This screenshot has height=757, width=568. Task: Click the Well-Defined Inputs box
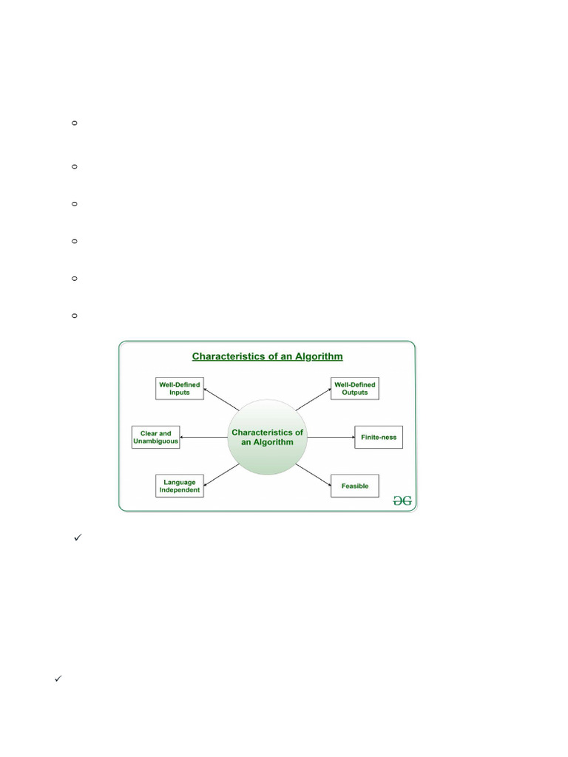click(x=179, y=388)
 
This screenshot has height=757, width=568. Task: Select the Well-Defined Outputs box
click(x=354, y=388)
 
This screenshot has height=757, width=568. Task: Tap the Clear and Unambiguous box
click(x=155, y=437)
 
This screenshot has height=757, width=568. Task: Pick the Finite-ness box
click(x=379, y=437)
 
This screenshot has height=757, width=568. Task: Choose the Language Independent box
click(x=179, y=486)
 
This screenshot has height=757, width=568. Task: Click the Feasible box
click(x=354, y=486)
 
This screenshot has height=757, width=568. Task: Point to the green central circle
click(x=267, y=437)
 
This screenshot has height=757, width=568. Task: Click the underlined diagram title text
click(x=267, y=356)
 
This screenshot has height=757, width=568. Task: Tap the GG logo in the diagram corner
click(x=402, y=500)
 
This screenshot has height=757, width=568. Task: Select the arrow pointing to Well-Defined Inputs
click(x=220, y=401)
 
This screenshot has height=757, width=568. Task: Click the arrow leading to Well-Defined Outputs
click(x=314, y=400)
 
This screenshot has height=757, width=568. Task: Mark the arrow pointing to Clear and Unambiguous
click(x=203, y=437)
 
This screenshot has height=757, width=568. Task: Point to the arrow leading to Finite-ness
click(x=331, y=437)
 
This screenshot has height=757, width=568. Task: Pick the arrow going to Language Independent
click(x=220, y=475)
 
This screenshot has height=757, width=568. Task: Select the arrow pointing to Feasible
click(x=314, y=475)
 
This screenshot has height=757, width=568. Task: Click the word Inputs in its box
click(x=179, y=393)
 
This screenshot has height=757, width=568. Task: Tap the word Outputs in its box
click(x=354, y=393)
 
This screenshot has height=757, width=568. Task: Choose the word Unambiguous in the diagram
click(x=155, y=441)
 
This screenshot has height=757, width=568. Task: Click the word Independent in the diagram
click(x=179, y=490)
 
